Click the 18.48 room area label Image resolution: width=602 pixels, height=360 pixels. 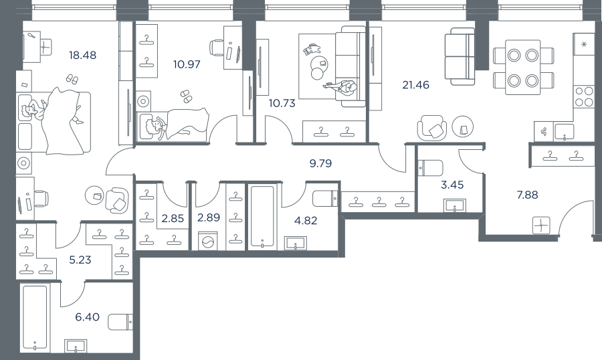pos(82,56)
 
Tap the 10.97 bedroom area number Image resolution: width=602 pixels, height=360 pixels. pos(187,64)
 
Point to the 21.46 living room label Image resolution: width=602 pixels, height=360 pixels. pos(416,85)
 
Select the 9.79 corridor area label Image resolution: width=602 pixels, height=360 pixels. pos(320,163)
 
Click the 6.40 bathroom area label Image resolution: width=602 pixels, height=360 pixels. pos(87,317)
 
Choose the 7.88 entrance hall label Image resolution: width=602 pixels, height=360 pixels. pos(527,195)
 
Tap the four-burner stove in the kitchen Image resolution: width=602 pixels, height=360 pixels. pos(583,96)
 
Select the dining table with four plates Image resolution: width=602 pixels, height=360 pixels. pos(523,68)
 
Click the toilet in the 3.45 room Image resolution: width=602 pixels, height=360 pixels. pos(430,168)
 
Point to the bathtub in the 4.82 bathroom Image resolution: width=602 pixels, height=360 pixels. pos(263,216)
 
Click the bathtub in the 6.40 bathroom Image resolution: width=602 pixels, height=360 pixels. pos(35,317)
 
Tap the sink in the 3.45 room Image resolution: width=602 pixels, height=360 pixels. pos(455,205)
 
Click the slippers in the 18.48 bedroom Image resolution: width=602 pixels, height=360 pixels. pos(72,79)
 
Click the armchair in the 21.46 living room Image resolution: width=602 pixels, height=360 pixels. pos(432,128)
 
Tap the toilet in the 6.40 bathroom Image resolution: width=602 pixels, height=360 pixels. pos(120,322)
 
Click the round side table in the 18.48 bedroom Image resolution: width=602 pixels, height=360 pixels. pos(94,195)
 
